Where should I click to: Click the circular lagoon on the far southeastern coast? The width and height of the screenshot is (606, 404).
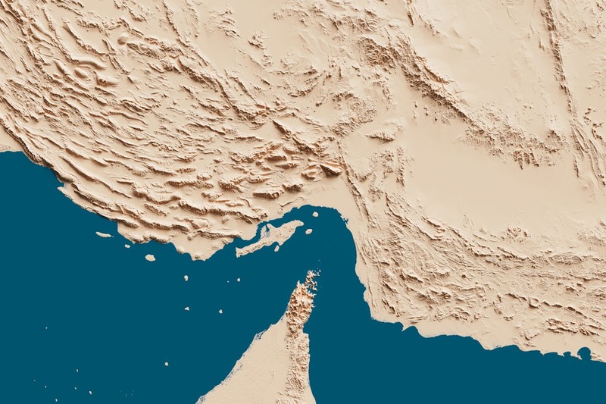584,352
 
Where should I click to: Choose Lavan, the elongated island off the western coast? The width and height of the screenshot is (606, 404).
103,234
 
